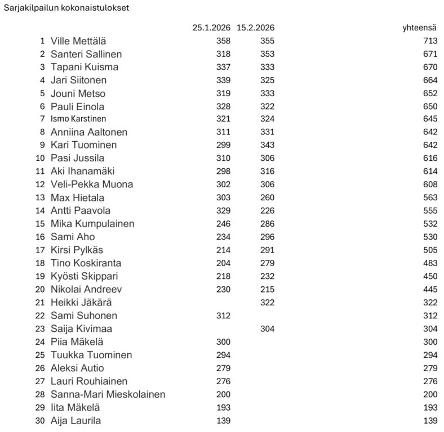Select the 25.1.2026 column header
[212, 28]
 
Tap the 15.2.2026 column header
[256, 28]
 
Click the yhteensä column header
[420, 28]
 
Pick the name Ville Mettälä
[78, 41]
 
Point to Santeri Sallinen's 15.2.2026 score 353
[267, 54]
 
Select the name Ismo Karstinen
[78, 119]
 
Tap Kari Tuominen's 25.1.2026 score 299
[223, 145]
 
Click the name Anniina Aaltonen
[89, 132]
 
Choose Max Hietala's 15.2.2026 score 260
[267, 197]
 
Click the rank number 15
[40, 224]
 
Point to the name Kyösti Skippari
[85, 276]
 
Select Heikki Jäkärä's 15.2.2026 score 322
[267, 302]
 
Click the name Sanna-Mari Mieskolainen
[108, 394]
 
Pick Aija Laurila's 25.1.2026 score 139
[223, 420]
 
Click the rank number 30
[40, 420]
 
